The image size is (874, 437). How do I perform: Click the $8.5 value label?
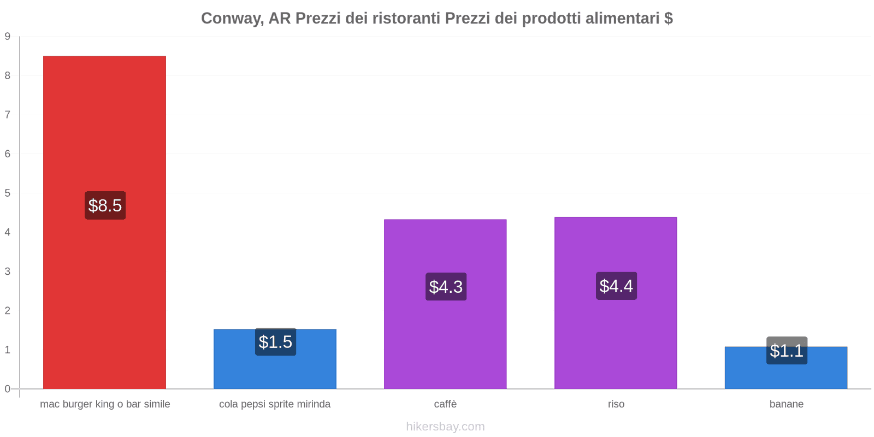[x=105, y=205]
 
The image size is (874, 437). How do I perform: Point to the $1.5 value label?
[x=275, y=342]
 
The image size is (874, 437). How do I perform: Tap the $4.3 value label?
[x=446, y=286]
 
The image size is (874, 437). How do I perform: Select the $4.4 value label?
[x=616, y=286]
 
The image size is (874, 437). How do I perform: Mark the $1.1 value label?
[x=787, y=351]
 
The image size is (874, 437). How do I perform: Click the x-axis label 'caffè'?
[x=445, y=404]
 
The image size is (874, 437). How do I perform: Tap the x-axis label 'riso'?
[x=616, y=404]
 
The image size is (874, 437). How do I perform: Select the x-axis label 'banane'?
[x=786, y=404]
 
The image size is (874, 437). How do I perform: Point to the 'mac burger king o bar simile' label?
[x=105, y=404]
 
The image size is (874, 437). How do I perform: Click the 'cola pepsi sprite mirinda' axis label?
[x=275, y=404]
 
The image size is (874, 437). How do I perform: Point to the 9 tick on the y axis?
[x=8, y=37]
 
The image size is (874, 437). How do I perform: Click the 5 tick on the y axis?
[x=8, y=193]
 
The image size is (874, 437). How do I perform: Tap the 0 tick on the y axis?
[x=8, y=389]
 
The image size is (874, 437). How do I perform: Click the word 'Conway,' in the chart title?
[x=232, y=19]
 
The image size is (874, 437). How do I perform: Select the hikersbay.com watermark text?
[x=445, y=427]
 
